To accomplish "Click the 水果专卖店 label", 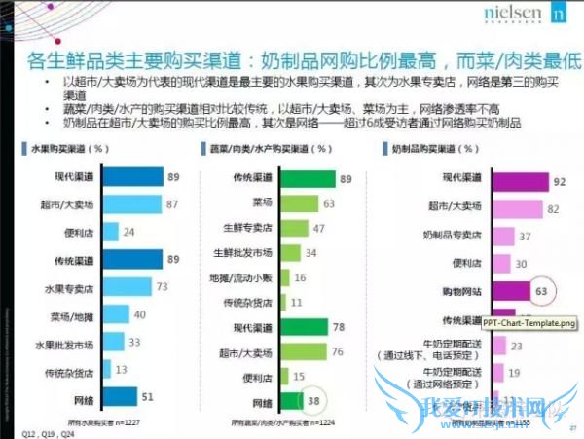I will coord(66,288).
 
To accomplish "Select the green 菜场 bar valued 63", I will coord(302,202).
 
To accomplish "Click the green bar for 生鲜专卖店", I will coord(293,228).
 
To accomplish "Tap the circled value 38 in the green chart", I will coord(314,400).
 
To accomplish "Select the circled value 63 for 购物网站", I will coord(543,290).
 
